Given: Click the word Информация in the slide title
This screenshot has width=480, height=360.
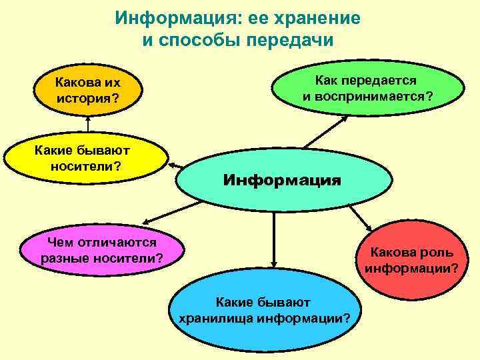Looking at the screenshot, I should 170,18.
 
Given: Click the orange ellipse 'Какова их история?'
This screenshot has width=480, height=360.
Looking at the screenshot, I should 87,93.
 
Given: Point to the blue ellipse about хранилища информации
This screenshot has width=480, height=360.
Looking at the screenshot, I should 265,310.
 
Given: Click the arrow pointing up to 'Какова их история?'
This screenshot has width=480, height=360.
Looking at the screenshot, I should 87,127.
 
